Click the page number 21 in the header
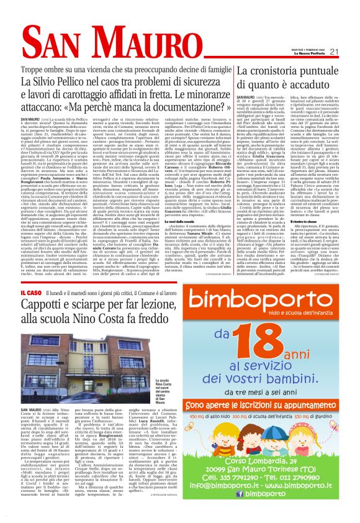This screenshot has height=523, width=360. pos(349,52)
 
